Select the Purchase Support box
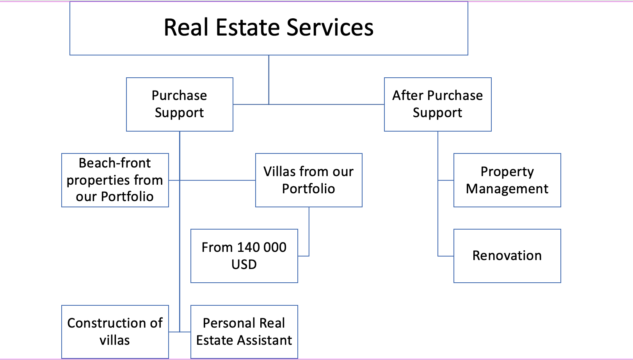[x=180, y=104]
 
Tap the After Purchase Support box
[x=438, y=104]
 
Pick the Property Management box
[x=507, y=180]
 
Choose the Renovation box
[x=507, y=256]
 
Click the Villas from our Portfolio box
[x=309, y=180]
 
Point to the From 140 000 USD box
[x=244, y=256]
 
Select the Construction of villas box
[x=115, y=332]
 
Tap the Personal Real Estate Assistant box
[x=244, y=332]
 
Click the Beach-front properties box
[x=115, y=180]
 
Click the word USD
[x=244, y=264]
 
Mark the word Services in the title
[x=330, y=27]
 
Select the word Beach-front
[x=115, y=163]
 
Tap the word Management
[x=507, y=189]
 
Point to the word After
[x=408, y=95]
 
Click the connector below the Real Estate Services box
[x=269, y=80]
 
